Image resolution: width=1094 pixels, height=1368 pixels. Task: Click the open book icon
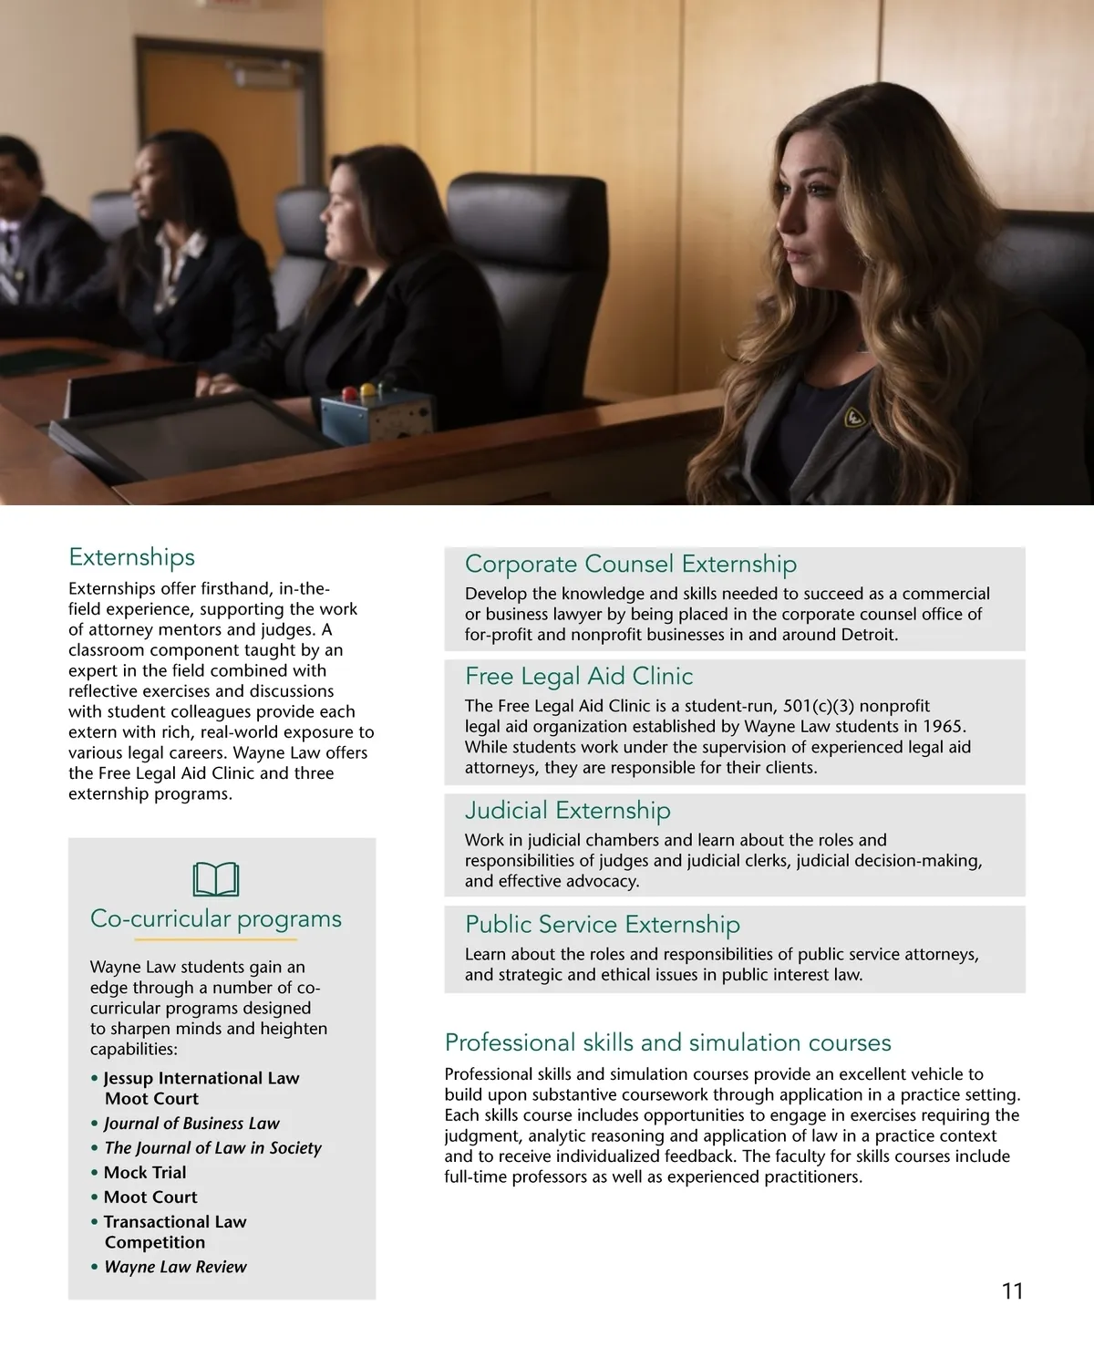click(x=216, y=879)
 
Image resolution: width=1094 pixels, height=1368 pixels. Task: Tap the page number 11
click(x=1012, y=1291)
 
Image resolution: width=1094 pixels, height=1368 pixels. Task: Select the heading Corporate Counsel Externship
click(x=630, y=564)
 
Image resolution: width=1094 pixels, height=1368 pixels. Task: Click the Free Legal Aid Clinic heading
click(x=579, y=676)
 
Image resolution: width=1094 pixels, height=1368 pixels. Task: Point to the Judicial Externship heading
click(x=567, y=810)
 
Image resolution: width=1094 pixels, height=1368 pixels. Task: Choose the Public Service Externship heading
click(x=602, y=924)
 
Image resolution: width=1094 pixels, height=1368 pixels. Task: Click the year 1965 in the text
click(x=944, y=726)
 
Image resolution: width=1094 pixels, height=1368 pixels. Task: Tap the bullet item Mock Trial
click(x=144, y=1172)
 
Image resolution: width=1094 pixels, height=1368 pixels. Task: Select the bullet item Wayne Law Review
click(x=175, y=1267)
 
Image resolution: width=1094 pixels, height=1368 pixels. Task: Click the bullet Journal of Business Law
click(x=191, y=1123)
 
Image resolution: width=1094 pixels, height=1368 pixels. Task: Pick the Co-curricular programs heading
click(x=216, y=918)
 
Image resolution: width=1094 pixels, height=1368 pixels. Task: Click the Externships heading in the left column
click(x=131, y=557)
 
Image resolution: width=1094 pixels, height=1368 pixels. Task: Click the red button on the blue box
click(x=347, y=394)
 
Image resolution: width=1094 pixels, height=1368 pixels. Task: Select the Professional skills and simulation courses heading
click(x=667, y=1042)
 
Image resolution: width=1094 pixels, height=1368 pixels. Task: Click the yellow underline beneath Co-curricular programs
click(x=216, y=938)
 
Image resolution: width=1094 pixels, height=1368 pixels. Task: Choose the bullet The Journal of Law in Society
click(x=212, y=1147)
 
